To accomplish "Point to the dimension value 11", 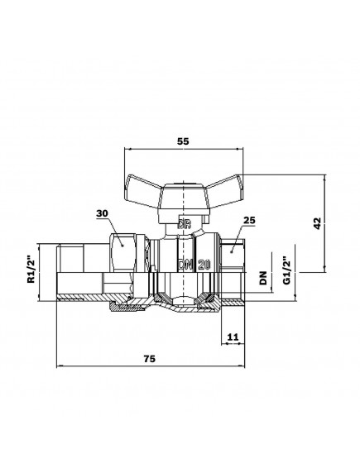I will point(232,337).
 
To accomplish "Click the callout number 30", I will point(103,214).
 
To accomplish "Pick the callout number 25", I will point(252,221).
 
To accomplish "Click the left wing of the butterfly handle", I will point(143,187).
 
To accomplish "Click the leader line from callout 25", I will point(242,232).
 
